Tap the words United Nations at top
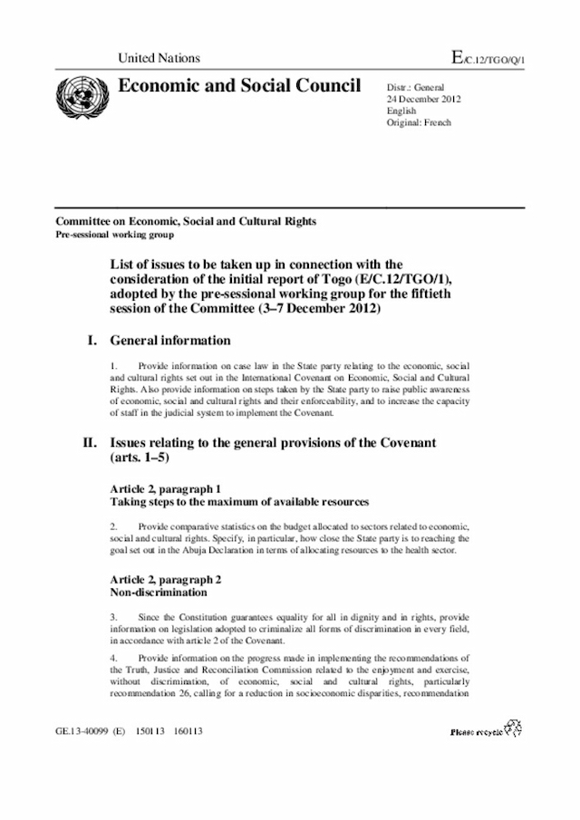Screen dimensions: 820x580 (x=159, y=59)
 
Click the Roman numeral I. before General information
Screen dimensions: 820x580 (x=91, y=342)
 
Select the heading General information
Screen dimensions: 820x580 (x=170, y=342)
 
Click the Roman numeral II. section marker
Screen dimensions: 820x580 (x=90, y=442)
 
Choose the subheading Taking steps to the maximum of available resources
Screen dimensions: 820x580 (x=239, y=501)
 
